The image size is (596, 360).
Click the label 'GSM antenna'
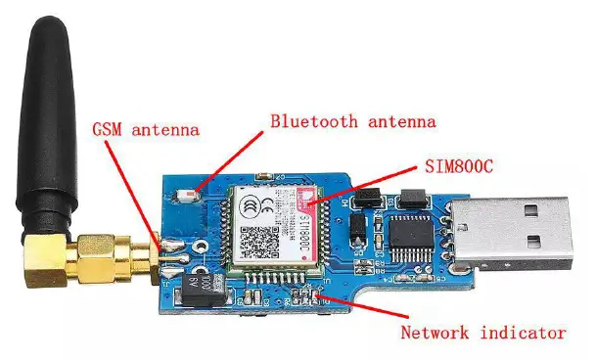[x=145, y=128]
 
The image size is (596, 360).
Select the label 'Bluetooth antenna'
[x=353, y=121]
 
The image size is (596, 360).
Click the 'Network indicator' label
[x=482, y=332]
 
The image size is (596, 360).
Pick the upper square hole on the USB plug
[x=535, y=209]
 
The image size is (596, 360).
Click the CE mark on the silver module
[x=253, y=206]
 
